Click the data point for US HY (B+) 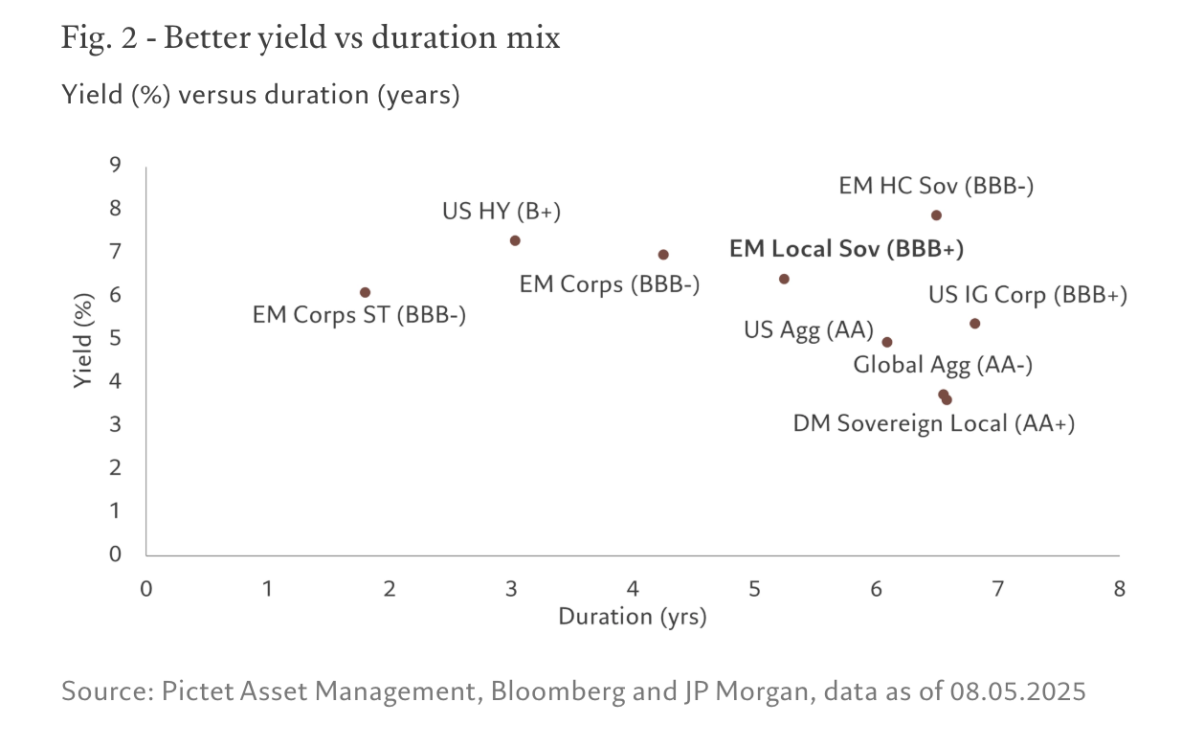[x=515, y=240]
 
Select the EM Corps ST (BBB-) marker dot [x=365, y=292]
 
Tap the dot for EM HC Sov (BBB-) [x=936, y=215]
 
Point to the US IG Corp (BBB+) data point [x=974, y=324]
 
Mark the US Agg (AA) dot [x=887, y=342]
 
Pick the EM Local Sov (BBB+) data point [x=784, y=279]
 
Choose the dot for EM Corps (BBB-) [x=663, y=255]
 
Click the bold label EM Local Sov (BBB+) [x=846, y=249]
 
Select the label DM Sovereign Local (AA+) [x=934, y=423]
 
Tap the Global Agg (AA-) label [x=943, y=365]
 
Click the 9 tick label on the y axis [x=115, y=165]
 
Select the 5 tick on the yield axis [x=115, y=338]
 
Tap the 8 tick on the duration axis [x=1119, y=588]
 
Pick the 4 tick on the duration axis [x=633, y=588]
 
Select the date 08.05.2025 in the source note [x=1017, y=691]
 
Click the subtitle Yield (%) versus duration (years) [x=260, y=96]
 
